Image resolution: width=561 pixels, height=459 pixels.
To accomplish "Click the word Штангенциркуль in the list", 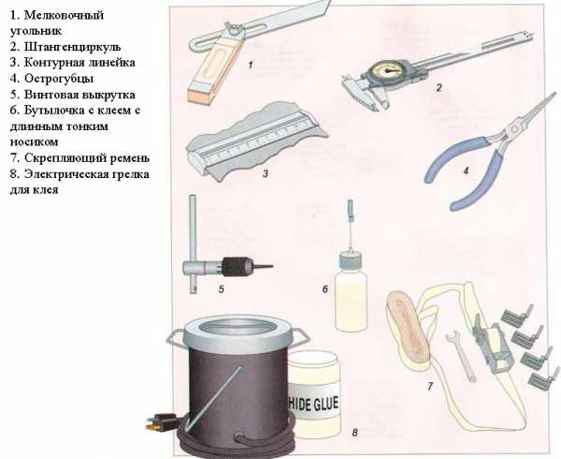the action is (x=73, y=47).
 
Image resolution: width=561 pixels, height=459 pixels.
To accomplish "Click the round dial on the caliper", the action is (x=388, y=70).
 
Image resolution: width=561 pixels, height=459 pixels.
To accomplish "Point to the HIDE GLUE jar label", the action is (x=313, y=404).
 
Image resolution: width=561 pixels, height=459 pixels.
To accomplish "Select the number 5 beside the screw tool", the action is (x=221, y=289).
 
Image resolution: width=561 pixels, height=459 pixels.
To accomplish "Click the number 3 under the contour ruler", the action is (x=266, y=174).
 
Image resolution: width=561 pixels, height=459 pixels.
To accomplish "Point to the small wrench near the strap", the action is (x=461, y=355).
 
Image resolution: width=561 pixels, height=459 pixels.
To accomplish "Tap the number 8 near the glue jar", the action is (x=354, y=433).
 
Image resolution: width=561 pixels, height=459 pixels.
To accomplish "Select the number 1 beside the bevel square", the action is (x=251, y=65).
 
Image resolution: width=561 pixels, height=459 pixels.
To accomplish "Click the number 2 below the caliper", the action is (x=439, y=87).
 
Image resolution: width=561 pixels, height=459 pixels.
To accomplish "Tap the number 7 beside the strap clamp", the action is (x=430, y=386).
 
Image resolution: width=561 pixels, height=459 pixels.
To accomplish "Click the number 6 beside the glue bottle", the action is (x=325, y=289).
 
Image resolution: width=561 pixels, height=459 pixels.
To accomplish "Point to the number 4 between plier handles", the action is (x=466, y=170).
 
